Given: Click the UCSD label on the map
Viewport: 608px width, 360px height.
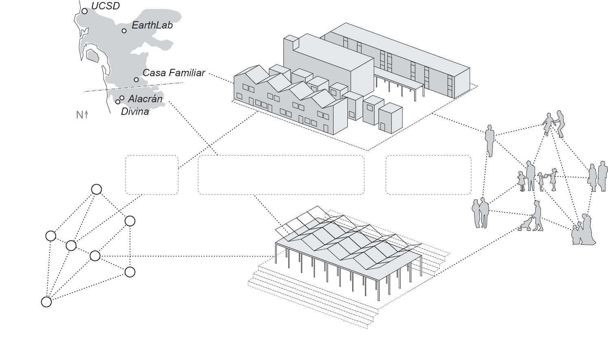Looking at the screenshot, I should [x=105, y=6].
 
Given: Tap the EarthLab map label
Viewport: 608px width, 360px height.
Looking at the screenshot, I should [x=152, y=25].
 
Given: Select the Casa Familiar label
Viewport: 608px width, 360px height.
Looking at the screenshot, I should [x=173, y=73].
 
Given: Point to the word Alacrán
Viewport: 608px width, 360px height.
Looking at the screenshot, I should [x=145, y=99].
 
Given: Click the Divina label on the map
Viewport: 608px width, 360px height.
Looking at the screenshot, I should [x=135, y=112].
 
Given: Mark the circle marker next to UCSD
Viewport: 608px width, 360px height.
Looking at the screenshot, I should [x=84, y=11].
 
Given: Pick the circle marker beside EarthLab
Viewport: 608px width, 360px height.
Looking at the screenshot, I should [x=124, y=31].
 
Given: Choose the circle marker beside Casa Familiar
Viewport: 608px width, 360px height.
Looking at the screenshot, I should [x=136, y=79].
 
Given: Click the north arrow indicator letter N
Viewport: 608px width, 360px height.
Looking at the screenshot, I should [x=80, y=115].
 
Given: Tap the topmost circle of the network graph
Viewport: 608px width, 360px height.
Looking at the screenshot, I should [x=97, y=189].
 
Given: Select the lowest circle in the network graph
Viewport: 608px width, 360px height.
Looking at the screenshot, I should [x=46, y=302].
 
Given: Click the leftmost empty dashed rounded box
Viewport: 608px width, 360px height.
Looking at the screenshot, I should [x=152, y=175].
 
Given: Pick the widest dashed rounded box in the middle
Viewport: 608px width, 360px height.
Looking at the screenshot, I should [x=281, y=175].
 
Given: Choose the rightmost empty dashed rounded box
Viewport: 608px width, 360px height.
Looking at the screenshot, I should [x=428, y=175].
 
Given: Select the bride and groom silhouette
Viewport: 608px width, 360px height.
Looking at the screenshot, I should [x=583, y=230].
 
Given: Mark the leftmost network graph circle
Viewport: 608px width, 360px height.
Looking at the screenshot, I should [x=51, y=236].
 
